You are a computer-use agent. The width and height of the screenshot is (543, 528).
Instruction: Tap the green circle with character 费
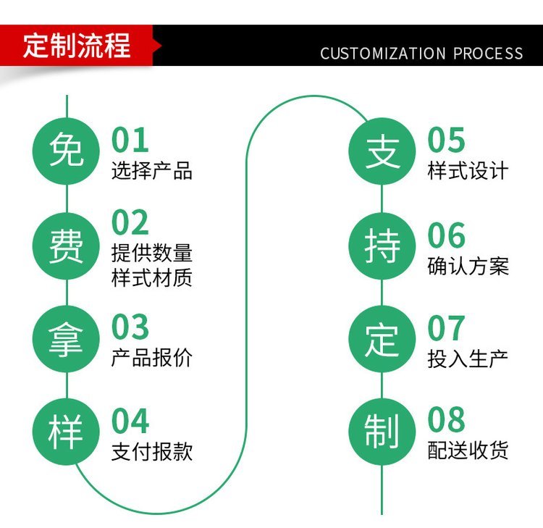tap(66, 247)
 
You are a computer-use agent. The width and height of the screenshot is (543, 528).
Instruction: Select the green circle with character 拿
tap(66, 340)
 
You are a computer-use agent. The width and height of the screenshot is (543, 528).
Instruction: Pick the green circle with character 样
tap(66, 432)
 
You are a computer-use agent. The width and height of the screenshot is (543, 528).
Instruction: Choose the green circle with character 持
tap(382, 247)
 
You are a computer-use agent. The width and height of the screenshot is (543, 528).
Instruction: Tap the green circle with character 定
tap(382, 340)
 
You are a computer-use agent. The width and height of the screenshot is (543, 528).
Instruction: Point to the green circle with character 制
tap(382, 432)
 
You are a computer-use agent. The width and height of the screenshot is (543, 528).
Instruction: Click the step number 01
tap(130, 140)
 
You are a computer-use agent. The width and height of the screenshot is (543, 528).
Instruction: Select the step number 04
tap(131, 421)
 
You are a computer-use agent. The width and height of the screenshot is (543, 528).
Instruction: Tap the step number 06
tap(447, 235)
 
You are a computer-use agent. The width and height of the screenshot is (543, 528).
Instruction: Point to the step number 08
tap(447, 421)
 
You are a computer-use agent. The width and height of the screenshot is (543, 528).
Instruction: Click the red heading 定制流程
tap(77, 45)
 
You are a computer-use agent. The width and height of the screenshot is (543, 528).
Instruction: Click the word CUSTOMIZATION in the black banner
tap(383, 54)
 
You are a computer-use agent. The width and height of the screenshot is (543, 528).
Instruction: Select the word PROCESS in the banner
tap(489, 54)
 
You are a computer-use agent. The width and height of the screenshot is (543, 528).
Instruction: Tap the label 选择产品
tap(152, 172)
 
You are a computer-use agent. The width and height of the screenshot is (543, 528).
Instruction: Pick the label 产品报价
tap(152, 358)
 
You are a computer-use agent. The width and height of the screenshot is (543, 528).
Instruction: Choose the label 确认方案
tap(468, 266)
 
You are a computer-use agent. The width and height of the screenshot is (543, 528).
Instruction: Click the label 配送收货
tap(468, 451)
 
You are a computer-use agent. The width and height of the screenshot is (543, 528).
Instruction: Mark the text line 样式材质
tap(152, 277)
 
